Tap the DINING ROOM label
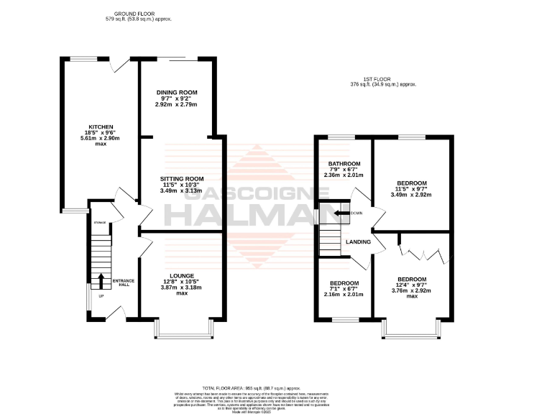coord(176,93)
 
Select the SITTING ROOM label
coord(183,179)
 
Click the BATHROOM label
coord(342,163)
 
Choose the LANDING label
coord(358,242)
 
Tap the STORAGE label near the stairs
coord(100,223)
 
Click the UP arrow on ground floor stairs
coord(101,280)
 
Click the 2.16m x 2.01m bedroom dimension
coord(342,293)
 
